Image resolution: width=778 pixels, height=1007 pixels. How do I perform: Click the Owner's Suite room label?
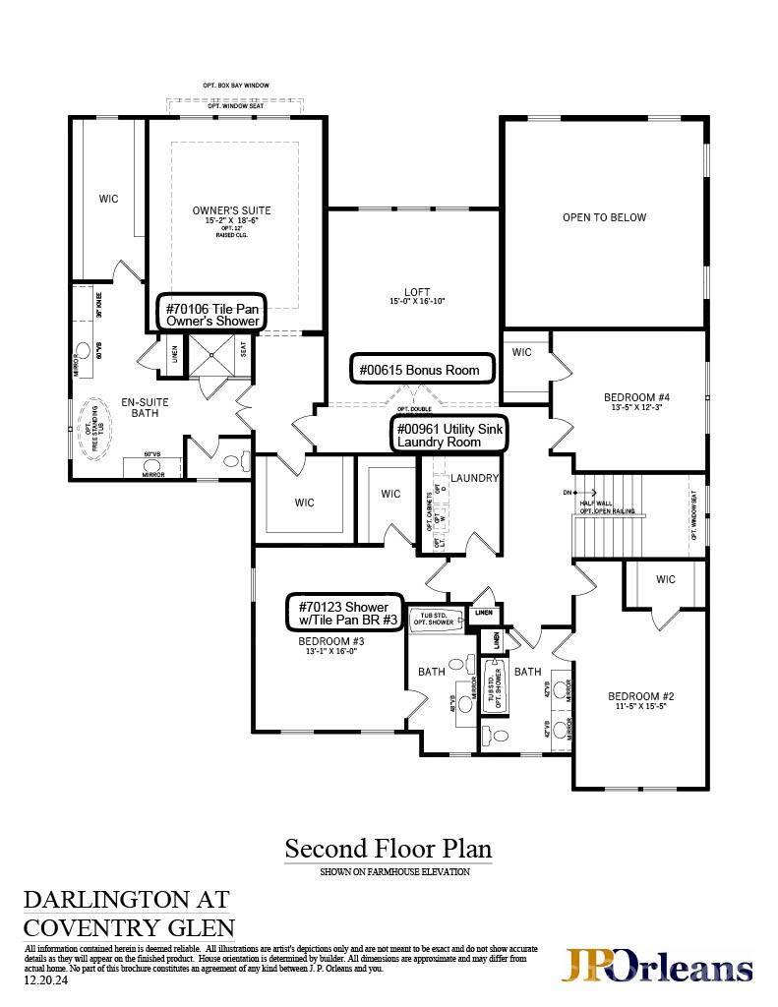click(x=231, y=210)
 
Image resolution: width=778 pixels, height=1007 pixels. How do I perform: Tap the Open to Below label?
click(x=604, y=217)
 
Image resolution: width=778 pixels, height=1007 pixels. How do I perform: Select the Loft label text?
click(x=417, y=292)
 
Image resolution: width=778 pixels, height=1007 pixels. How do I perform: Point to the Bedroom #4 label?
click(x=636, y=397)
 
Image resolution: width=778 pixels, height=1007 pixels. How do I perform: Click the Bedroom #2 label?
click(x=640, y=695)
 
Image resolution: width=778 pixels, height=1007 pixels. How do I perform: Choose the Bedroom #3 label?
click(x=330, y=641)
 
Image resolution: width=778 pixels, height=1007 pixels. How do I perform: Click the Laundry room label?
click(x=476, y=479)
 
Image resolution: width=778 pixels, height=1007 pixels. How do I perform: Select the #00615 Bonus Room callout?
click(x=421, y=370)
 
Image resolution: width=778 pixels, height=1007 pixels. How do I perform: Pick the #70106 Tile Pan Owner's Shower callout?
click(x=212, y=314)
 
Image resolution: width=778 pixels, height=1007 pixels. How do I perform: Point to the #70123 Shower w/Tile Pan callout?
click(x=343, y=613)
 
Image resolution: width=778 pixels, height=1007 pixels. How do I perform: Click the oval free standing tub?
click(x=94, y=424)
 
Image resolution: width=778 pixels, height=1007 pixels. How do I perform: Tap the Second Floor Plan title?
click(x=388, y=848)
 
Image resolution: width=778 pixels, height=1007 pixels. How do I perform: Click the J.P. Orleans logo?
click(x=657, y=967)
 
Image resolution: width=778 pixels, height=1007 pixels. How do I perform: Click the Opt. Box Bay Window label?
click(x=236, y=87)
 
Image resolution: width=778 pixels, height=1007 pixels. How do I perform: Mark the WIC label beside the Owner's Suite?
click(x=108, y=199)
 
